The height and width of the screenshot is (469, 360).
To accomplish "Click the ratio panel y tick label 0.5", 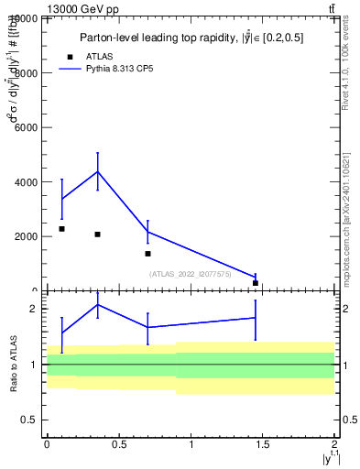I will [30, 420].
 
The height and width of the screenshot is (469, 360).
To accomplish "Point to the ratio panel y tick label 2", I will [36, 310].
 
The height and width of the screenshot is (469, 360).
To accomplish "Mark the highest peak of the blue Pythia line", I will [97, 171].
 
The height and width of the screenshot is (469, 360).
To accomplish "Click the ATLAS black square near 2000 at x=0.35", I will [97, 234].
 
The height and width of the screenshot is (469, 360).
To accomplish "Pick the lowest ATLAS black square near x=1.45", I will [256, 283].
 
